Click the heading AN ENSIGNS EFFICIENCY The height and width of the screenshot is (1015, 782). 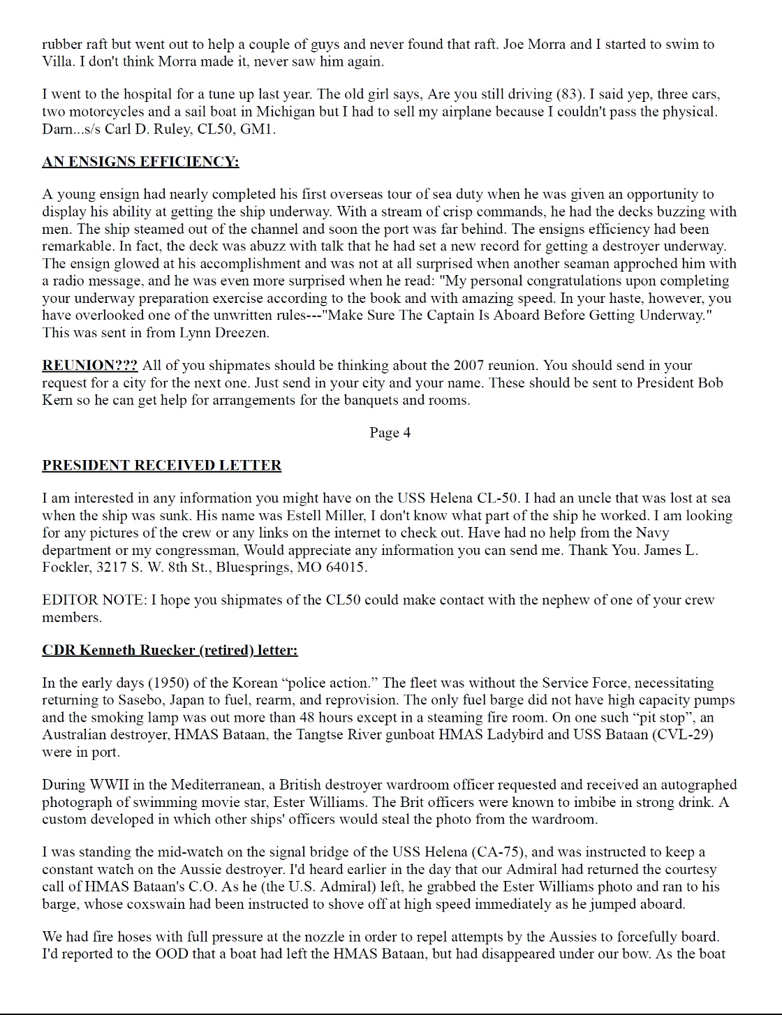pos(140,162)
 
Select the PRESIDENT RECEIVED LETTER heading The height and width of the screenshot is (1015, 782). pos(161,466)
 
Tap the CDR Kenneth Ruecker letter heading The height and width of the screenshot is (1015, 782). pos(170,651)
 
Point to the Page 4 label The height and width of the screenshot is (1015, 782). pos(390,433)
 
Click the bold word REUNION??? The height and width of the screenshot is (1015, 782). pos(89,366)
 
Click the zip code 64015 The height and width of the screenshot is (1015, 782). pos(345,568)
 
